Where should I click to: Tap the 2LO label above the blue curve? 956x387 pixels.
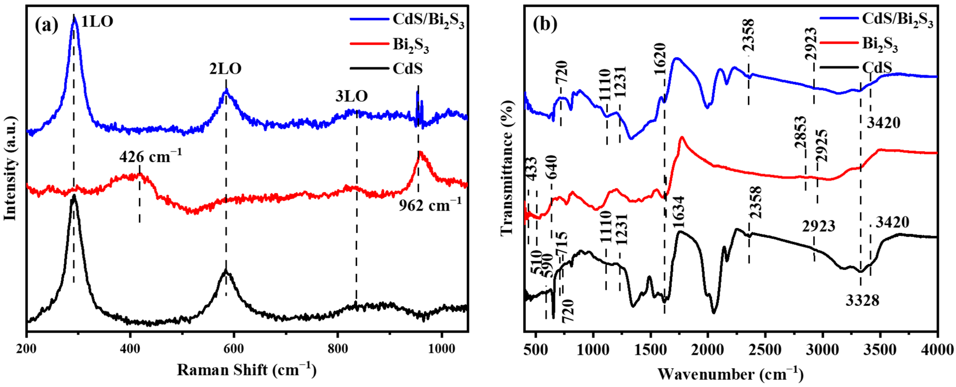point(225,69)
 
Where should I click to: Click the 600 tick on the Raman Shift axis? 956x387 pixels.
point(233,349)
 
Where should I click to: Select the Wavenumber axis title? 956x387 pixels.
point(730,374)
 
